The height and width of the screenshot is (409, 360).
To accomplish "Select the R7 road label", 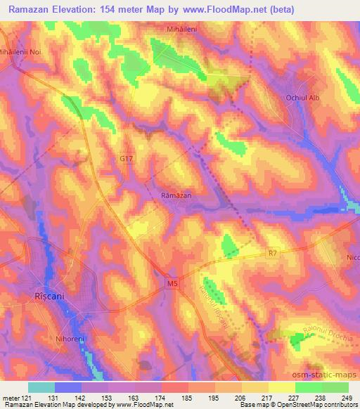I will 274,252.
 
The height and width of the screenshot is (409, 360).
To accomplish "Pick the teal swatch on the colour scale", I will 41,387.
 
